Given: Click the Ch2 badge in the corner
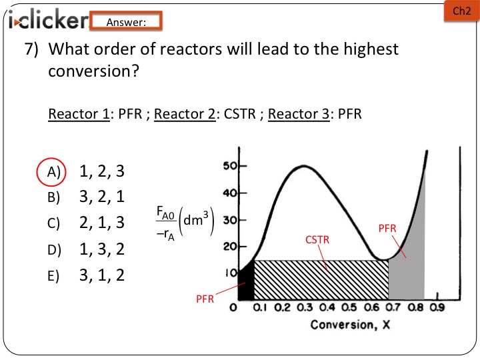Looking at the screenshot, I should (x=461, y=11).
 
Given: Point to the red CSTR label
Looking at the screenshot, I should (x=317, y=239).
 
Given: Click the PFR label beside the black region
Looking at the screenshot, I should (x=205, y=299).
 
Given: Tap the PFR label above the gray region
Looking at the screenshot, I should (x=387, y=229).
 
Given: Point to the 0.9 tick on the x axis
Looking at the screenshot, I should (x=437, y=309).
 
